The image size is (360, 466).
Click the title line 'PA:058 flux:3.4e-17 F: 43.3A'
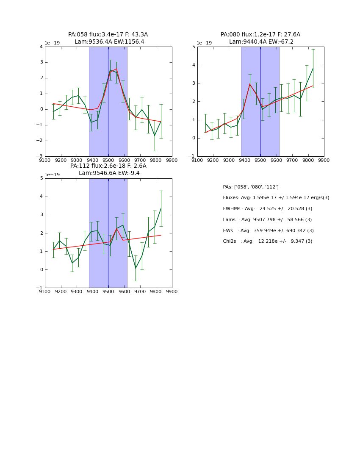(x=108, y=35)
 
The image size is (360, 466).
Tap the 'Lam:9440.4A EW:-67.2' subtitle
(x=261, y=42)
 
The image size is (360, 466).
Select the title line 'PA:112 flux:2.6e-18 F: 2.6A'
(x=108, y=166)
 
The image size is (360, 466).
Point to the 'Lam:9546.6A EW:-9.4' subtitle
(x=109, y=173)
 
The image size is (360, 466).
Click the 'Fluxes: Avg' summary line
(x=276, y=198)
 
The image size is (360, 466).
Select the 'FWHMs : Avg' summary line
(x=267, y=209)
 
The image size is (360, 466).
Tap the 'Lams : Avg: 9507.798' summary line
(x=267, y=220)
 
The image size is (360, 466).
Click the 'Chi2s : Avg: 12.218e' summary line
(x=267, y=241)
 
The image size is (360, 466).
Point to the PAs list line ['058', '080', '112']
(x=251, y=187)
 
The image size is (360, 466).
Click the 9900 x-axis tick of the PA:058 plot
(x=172, y=161)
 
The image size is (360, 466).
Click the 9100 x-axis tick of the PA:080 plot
(x=197, y=161)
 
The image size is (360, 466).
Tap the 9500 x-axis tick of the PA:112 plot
(x=108, y=292)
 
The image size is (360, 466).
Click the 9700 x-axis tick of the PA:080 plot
(x=292, y=161)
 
